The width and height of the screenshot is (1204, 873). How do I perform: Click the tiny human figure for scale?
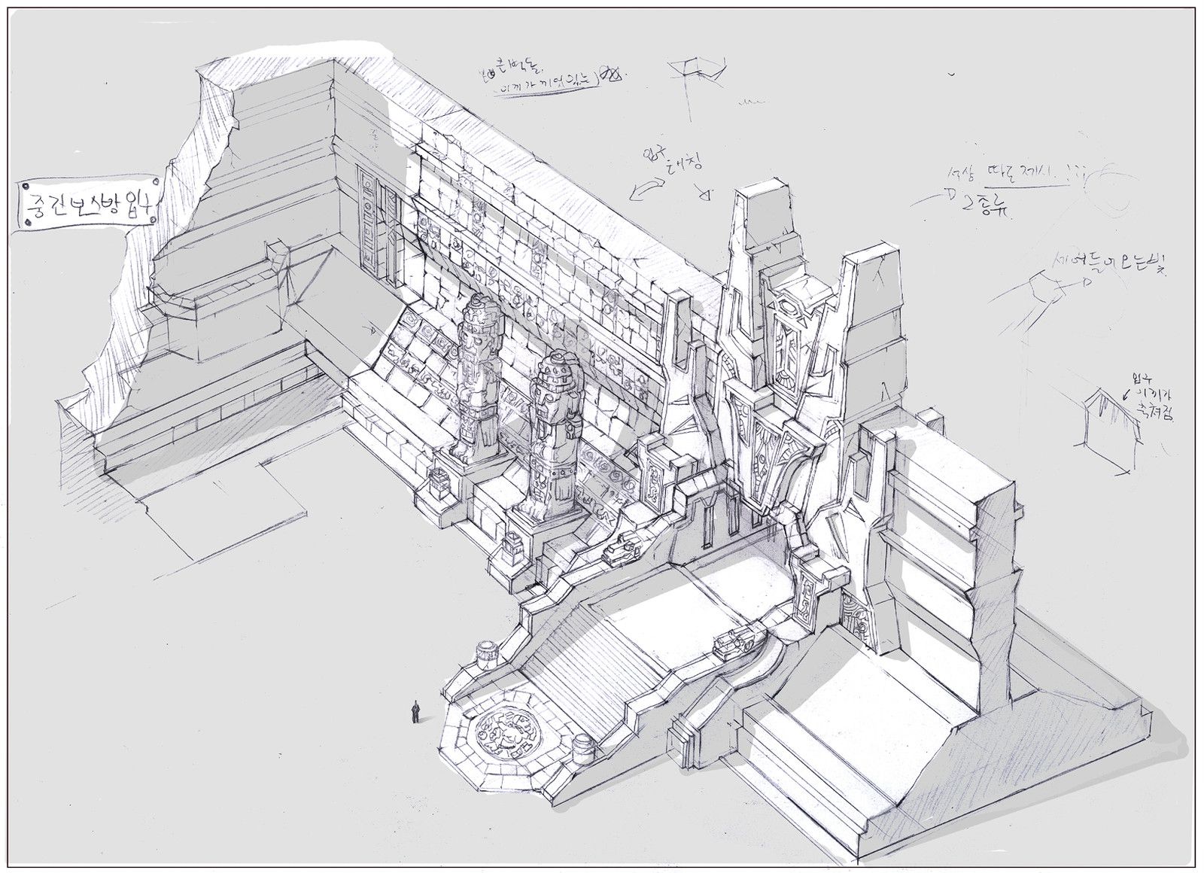click(415, 712)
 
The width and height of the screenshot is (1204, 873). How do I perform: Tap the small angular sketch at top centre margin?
click(696, 71)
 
